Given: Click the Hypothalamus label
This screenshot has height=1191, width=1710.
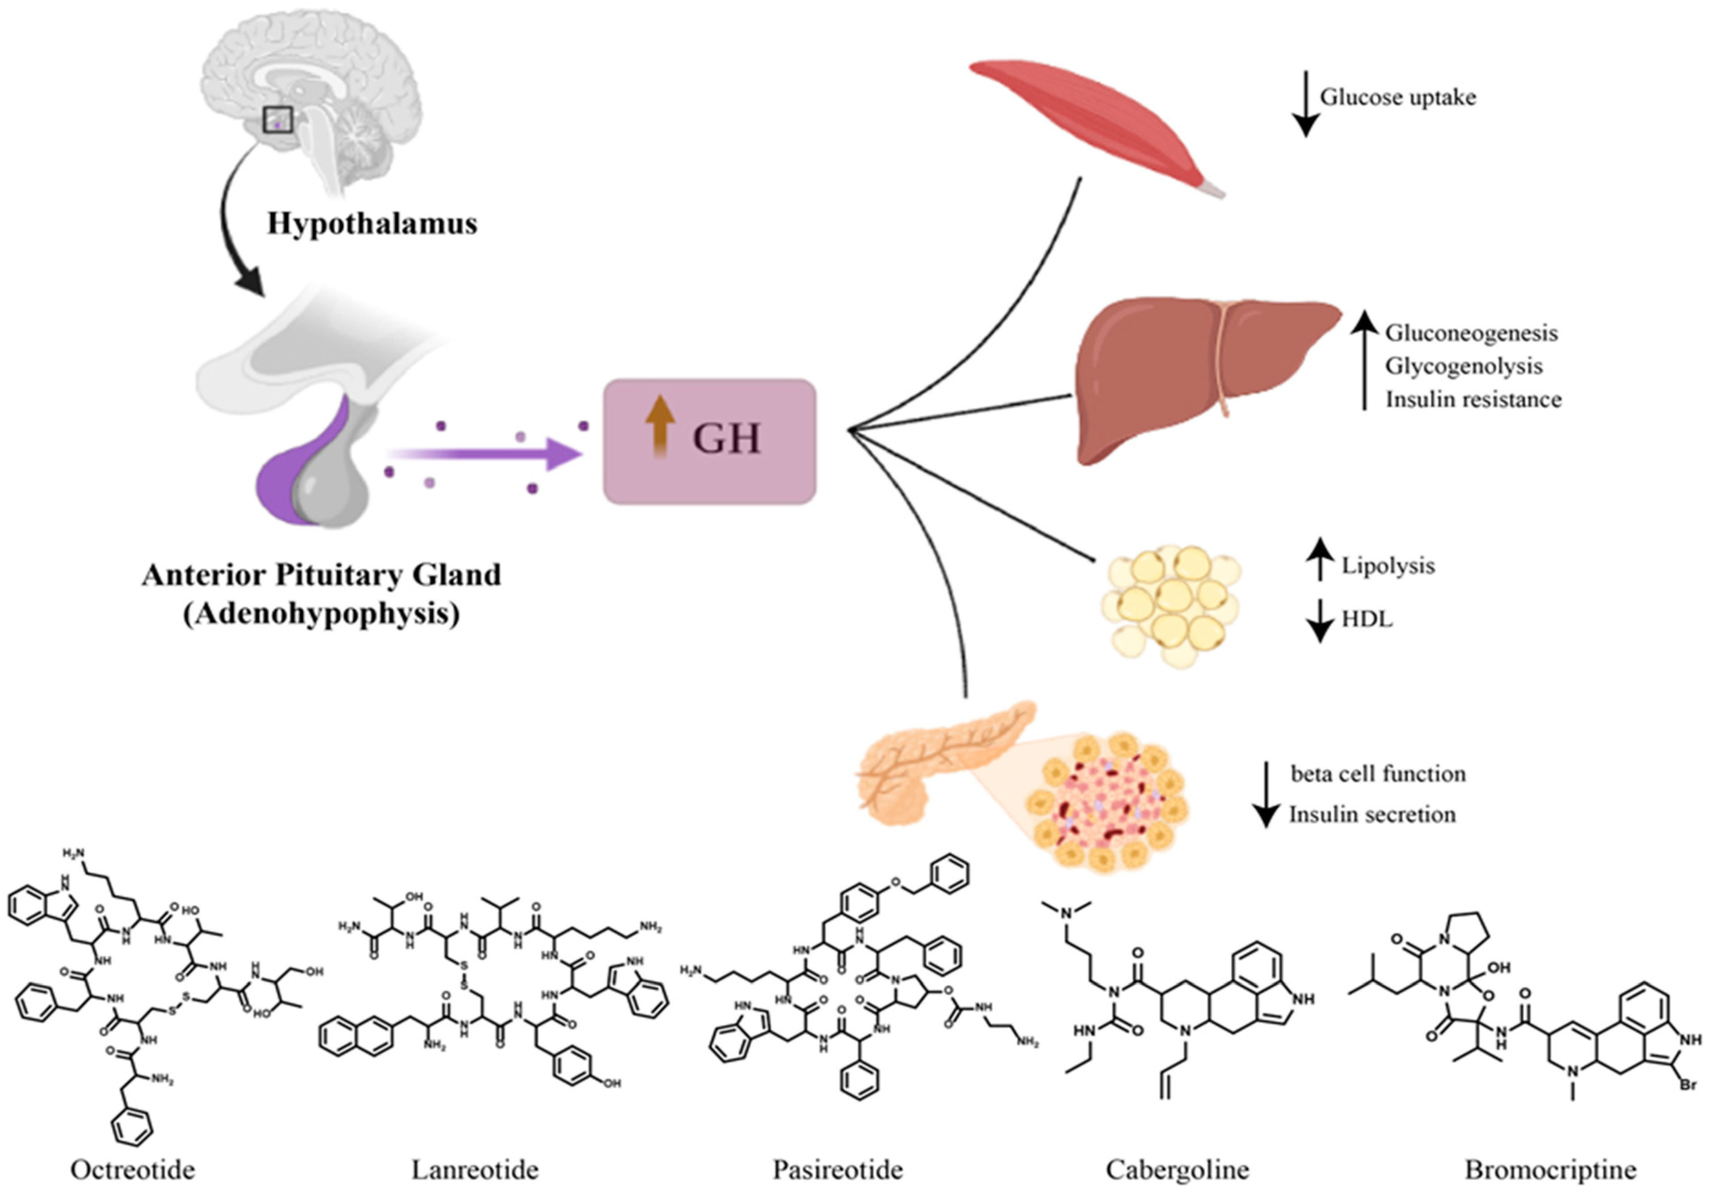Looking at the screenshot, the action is point(372,224).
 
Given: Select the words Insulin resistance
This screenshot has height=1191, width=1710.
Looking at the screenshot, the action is point(1473,399).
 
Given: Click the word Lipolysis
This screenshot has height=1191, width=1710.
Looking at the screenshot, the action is point(1388,566).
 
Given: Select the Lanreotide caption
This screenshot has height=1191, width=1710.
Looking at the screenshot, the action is point(475,1170).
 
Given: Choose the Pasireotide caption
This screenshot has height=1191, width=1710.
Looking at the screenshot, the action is point(837,1170).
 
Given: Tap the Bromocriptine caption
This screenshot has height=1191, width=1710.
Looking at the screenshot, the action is point(1551,1170).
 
